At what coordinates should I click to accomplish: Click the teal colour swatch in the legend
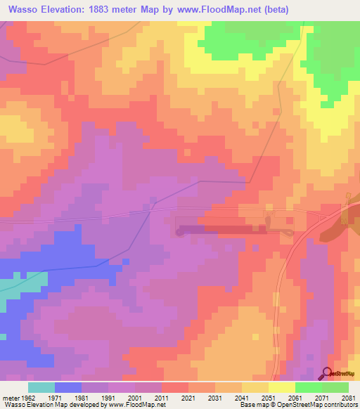pos(41,387)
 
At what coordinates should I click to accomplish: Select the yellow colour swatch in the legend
pos(282,387)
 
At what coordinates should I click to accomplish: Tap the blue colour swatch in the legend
pos(68,387)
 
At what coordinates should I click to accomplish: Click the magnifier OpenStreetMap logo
pos(328,373)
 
